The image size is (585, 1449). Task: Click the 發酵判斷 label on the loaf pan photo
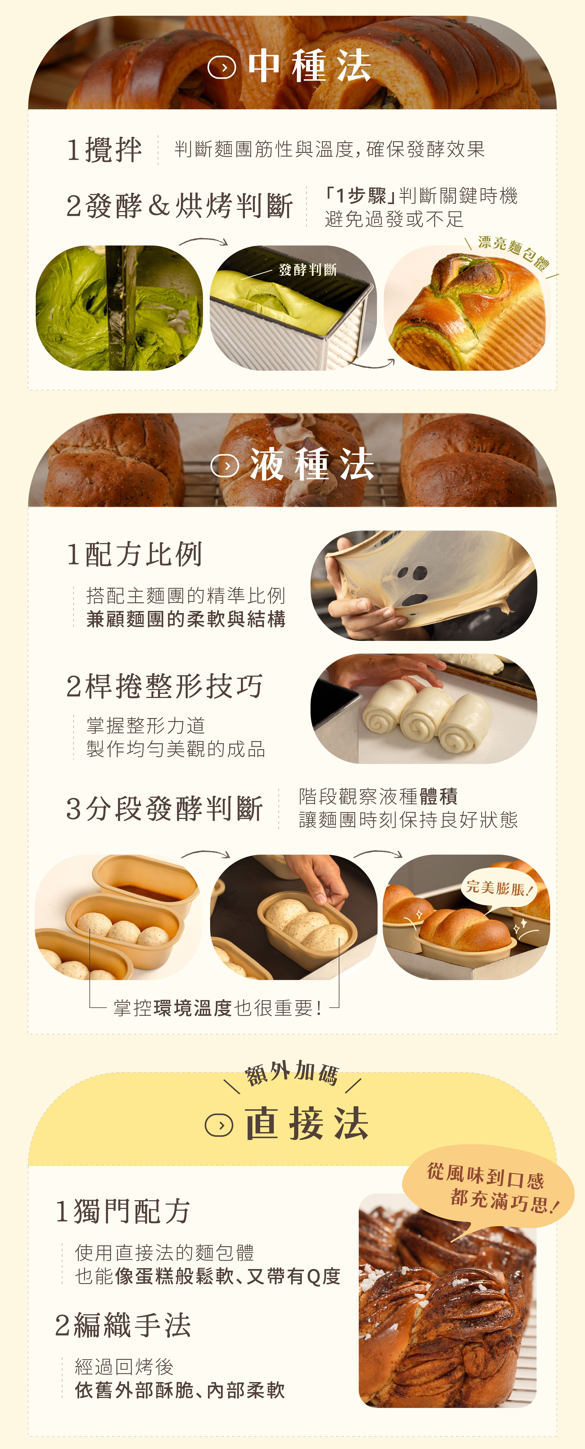(307, 270)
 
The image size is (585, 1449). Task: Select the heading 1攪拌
(104, 150)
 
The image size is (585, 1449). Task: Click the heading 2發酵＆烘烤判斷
(179, 206)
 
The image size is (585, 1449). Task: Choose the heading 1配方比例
(134, 555)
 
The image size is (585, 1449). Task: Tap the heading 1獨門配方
(123, 1211)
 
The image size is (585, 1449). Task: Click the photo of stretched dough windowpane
(423, 586)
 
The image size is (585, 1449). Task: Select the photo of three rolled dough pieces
(423, 709)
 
